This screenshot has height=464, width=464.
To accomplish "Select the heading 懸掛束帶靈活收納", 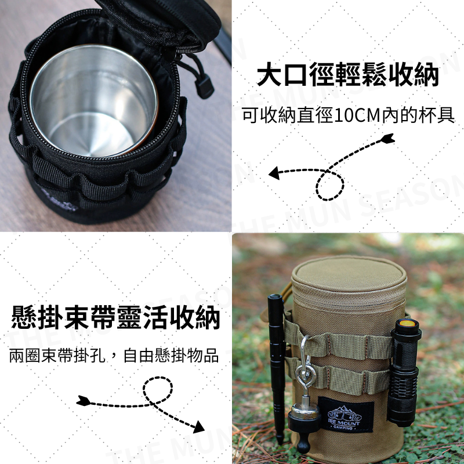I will pos(116,319).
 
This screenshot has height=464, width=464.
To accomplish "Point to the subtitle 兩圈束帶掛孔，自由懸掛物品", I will pos(114,356).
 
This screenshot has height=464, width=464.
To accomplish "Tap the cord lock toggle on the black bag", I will pos(202,85).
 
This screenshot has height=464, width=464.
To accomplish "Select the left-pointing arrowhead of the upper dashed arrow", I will pos(274,172).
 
